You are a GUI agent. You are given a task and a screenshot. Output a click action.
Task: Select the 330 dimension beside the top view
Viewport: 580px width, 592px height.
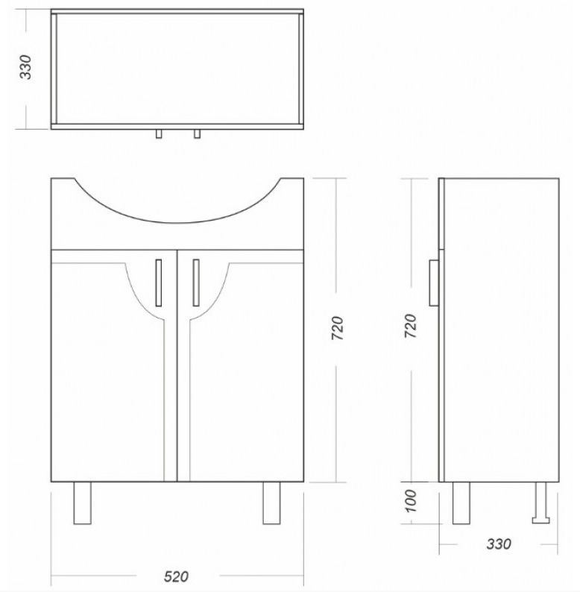point(25,67)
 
